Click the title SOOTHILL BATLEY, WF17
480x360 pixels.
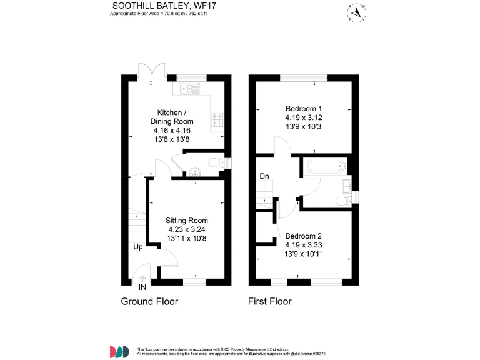pyautogui.click(x=160, y=6)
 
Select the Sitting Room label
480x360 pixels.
pyautogui.click(x=187, y=221)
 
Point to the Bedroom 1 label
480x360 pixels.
pyautogui.click(x=304, y=107)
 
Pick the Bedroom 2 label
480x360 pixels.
pyautogui.click(x=304, y=236)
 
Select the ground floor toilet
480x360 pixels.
pyautogui.click(x=214, y=163)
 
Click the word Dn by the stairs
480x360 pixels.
pyautogui.click(x=265, y=177)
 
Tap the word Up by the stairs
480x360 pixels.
pyautogui.click(x=138, y=247)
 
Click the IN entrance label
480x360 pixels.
pyautogui.click(x=142, y=287)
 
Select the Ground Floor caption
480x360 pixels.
pyautogui.click(x=149, y=302)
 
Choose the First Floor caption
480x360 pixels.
pyautogui.click(x=270, y=302)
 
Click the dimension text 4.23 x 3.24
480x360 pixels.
pyautogui.click(x=187, y=229)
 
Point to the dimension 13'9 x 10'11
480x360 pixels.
pyautogui.click(x=304, y=254)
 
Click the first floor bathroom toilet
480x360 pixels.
pyautogui.click(x=341, y=201)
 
